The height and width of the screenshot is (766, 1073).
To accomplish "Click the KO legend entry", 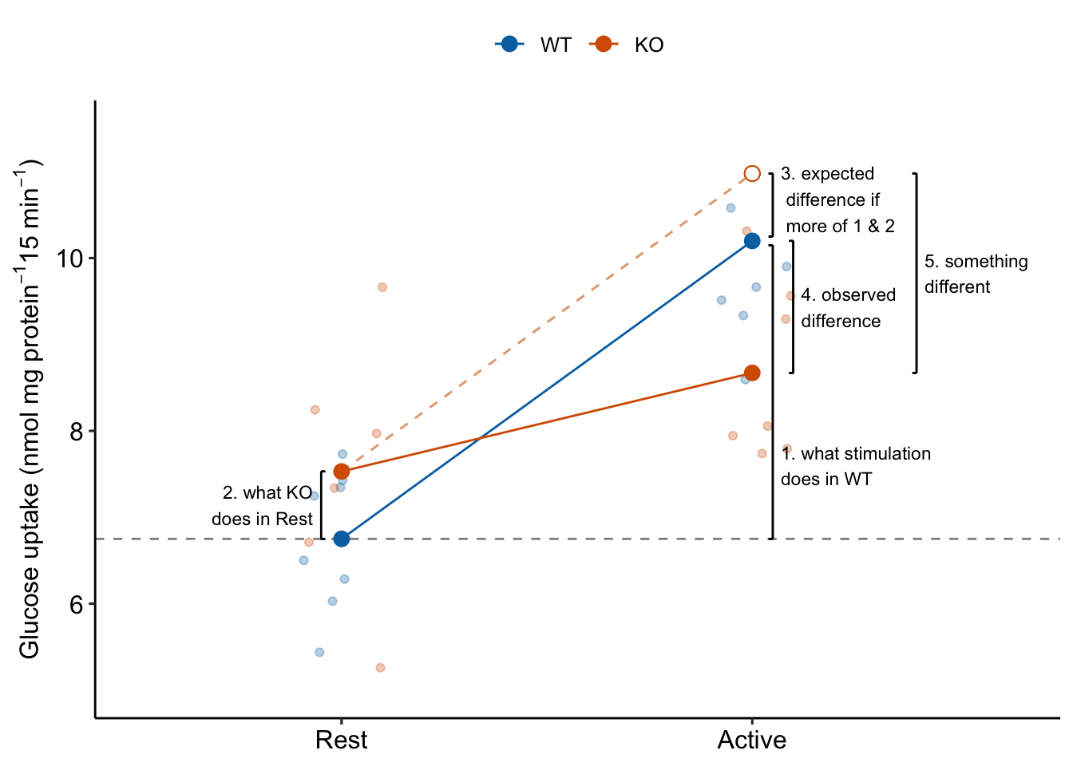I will click(x=628, y=45).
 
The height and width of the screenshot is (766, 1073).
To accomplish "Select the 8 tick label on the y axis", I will click(x=77, y=432).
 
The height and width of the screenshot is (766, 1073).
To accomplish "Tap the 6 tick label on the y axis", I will click(x=77, y=604).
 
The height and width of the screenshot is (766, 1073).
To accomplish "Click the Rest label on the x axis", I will click(x=341, y=740).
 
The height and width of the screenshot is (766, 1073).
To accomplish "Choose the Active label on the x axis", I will click(x=751, y=740).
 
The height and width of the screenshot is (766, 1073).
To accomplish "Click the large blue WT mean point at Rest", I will click(x=342, y=539).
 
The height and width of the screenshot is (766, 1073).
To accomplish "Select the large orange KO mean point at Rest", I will click(x=342, y=472).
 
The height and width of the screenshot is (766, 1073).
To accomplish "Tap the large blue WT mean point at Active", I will click(x=752, y=240).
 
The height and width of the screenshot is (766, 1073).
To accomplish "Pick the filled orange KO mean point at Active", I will click(x=752, y=373).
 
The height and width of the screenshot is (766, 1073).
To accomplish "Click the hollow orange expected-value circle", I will click(x=752, y=174).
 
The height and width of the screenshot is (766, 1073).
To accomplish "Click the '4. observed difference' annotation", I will click(x=847, y=308).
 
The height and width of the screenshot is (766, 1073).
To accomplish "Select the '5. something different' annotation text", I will click(x=975, y=274).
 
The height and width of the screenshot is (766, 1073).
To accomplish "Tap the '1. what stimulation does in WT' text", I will click(x=855, y=466).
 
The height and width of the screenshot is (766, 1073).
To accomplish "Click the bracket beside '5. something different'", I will click(x=916, y=273).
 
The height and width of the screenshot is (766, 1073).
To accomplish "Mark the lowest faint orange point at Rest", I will click(x=381, y=667).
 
